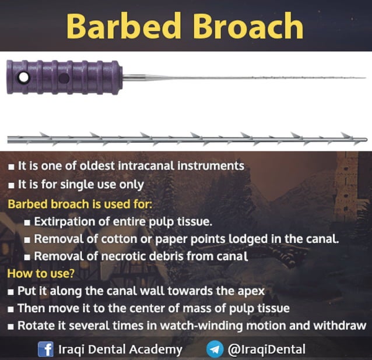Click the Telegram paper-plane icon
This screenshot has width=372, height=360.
215,350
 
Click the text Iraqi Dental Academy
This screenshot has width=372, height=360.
120,350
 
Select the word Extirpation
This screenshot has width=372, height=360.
65,222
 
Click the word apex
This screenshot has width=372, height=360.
251,291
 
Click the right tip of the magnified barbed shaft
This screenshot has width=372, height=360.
366,140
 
